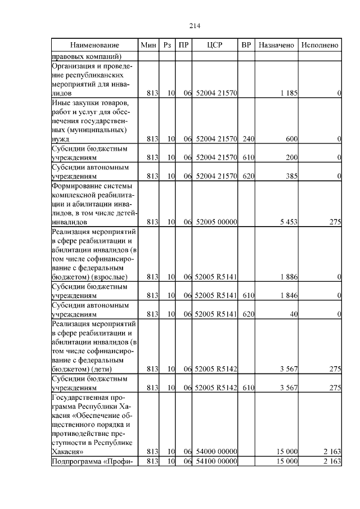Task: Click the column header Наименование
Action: [95, 45]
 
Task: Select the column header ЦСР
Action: [215, 45]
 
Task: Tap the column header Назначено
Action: [276, 45]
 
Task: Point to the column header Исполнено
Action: [319, 45]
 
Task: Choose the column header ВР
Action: [246, 45]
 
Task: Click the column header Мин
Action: [149, 45]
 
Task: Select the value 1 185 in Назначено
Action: [288, 92]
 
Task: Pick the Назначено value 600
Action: [291, 139]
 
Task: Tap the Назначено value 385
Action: [291, 177]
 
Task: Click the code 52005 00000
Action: [216, 222]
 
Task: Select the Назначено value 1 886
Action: [288, 277]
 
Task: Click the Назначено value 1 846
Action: [288, 295]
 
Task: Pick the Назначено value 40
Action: [293, 314]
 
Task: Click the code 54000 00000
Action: [216, 452]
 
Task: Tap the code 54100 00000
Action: [216, 462]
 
